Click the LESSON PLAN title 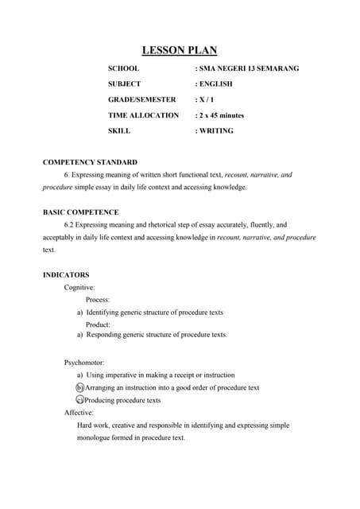[180, 50]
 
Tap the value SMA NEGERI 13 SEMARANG [250, 69]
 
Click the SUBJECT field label [125, 84]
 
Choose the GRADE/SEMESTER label [141, 100]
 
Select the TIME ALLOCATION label [143, 115]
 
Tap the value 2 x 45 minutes [222, 115]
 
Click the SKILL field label [119, 130]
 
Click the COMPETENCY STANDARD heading [90, 162]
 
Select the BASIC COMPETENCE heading [80, 212]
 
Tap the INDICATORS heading [65, 274]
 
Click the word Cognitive [79, 286]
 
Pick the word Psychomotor [84, 363]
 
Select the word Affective [79, 413]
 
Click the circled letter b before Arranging [79, 387]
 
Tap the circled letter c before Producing [79, 400]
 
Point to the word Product [98, 324]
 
